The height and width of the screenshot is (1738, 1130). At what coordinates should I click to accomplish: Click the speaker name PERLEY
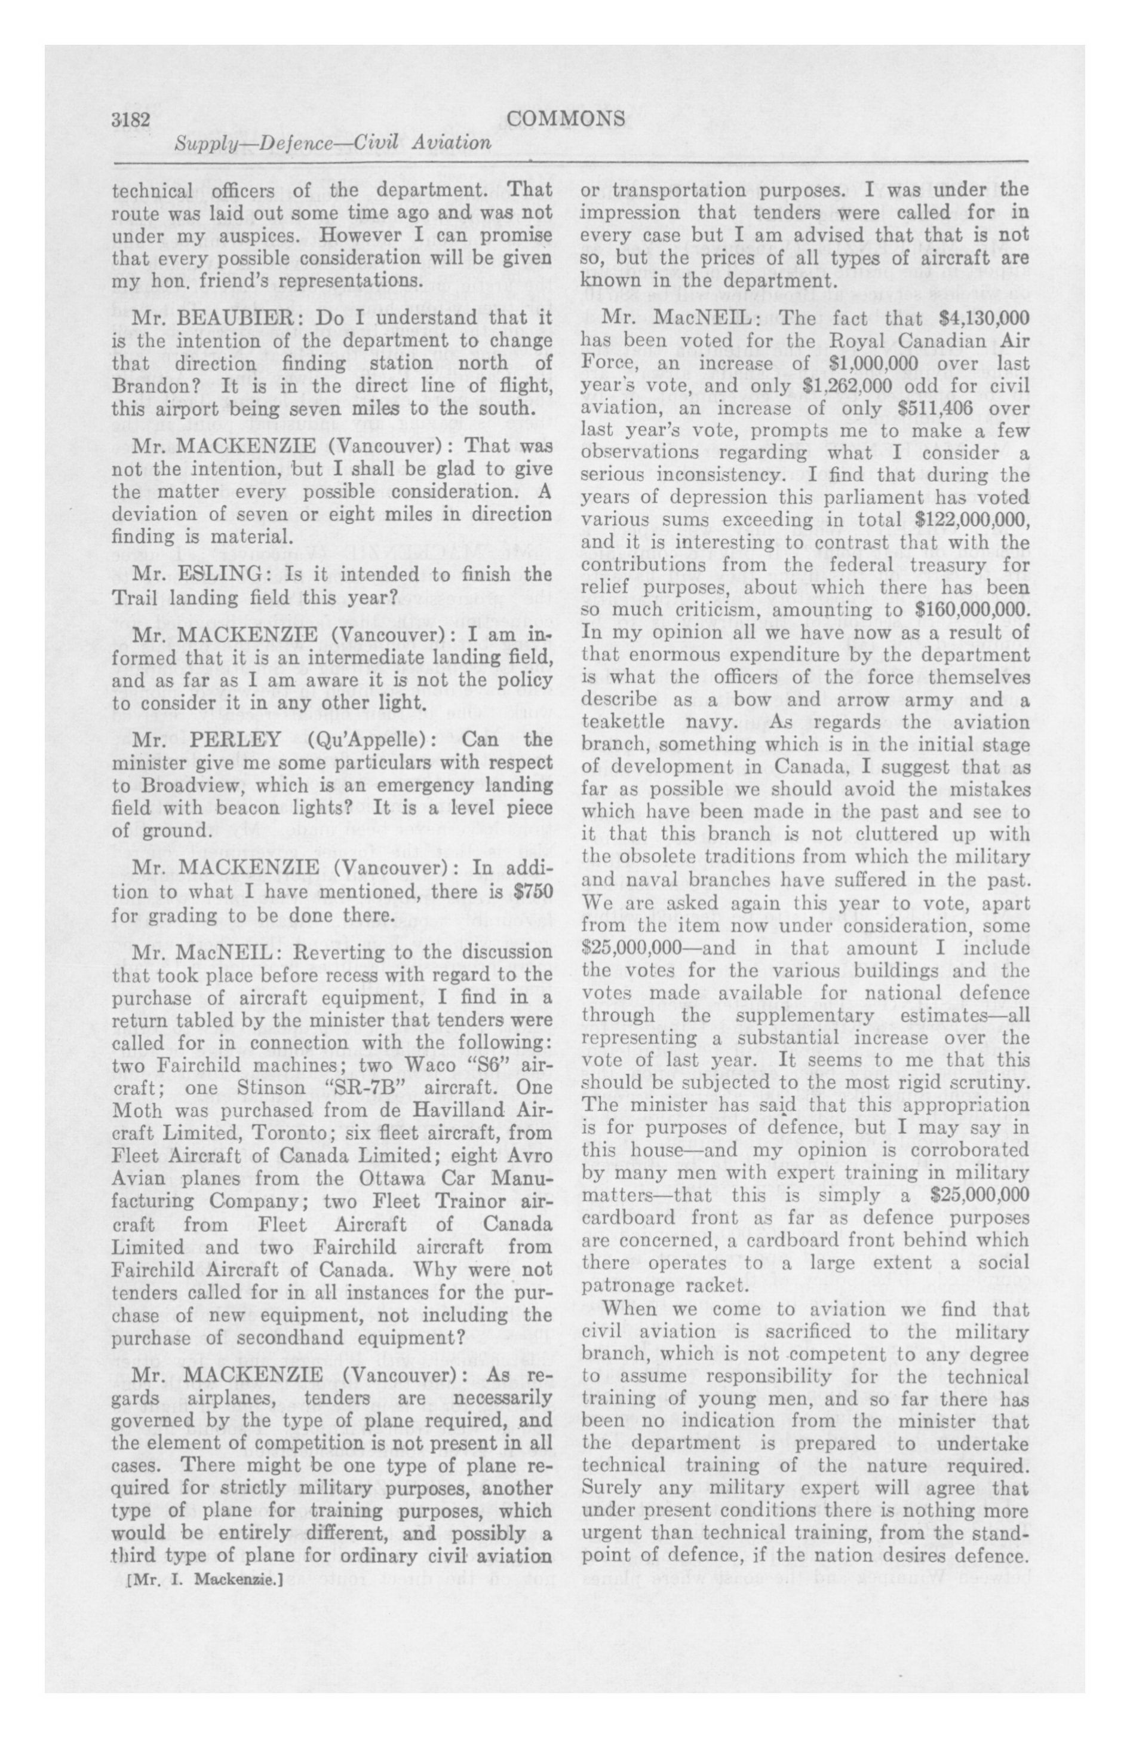236,739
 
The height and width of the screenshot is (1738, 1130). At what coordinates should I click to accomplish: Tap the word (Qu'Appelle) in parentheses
371,739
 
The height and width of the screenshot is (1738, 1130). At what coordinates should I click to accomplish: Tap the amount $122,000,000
972,520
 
